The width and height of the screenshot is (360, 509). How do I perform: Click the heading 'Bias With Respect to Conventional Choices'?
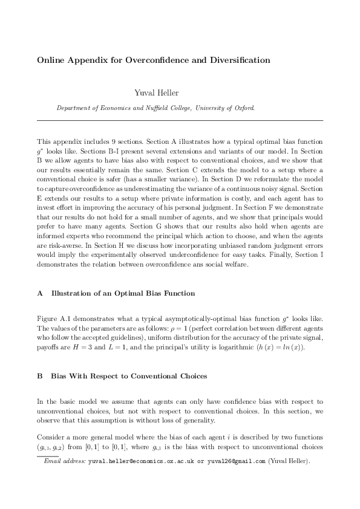[129, 375]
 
